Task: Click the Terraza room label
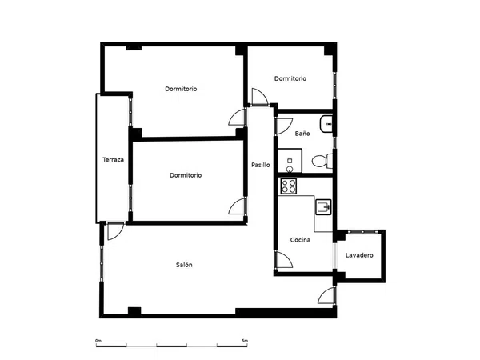coord(113,159)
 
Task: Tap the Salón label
coord(184,265)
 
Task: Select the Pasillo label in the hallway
coord(261,165)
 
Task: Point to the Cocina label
coord(300,240)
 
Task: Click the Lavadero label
coord(359,255)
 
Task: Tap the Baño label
coord(302,134)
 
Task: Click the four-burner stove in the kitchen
coord(289,186)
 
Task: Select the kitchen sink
coord(323,207)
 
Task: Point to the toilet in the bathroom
coord(322,161)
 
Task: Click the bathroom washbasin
coord(326,124)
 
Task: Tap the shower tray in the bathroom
coord(290,161)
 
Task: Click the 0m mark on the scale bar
coord(98,341)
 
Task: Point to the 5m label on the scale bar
coord(245,341)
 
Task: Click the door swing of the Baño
coord(284,126)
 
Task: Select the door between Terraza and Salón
coord(116,231)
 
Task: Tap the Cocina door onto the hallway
coord(284,259)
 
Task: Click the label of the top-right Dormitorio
coord(290,78)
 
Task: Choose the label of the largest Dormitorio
coord(181,89)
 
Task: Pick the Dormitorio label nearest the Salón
coord(186,175)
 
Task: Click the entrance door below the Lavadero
coord(326,295)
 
